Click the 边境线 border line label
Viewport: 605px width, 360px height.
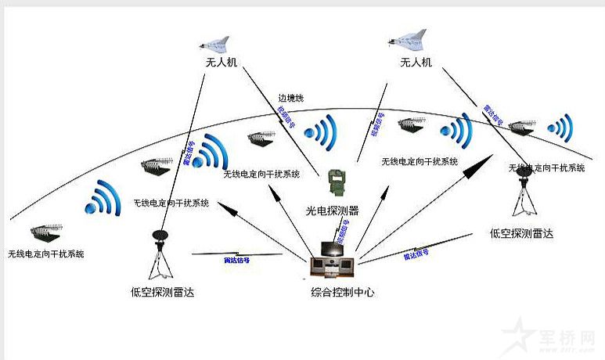(x=290, y=99)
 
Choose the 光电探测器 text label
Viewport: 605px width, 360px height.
(x=332, y=210)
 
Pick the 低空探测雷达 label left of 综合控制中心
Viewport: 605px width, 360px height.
(x=162, y=293)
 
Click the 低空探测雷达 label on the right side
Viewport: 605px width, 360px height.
(x=521, y=232)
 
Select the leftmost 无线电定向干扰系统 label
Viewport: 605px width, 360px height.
(x=46, y=254)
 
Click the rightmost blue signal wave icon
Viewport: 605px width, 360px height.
(x=560, y=125)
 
